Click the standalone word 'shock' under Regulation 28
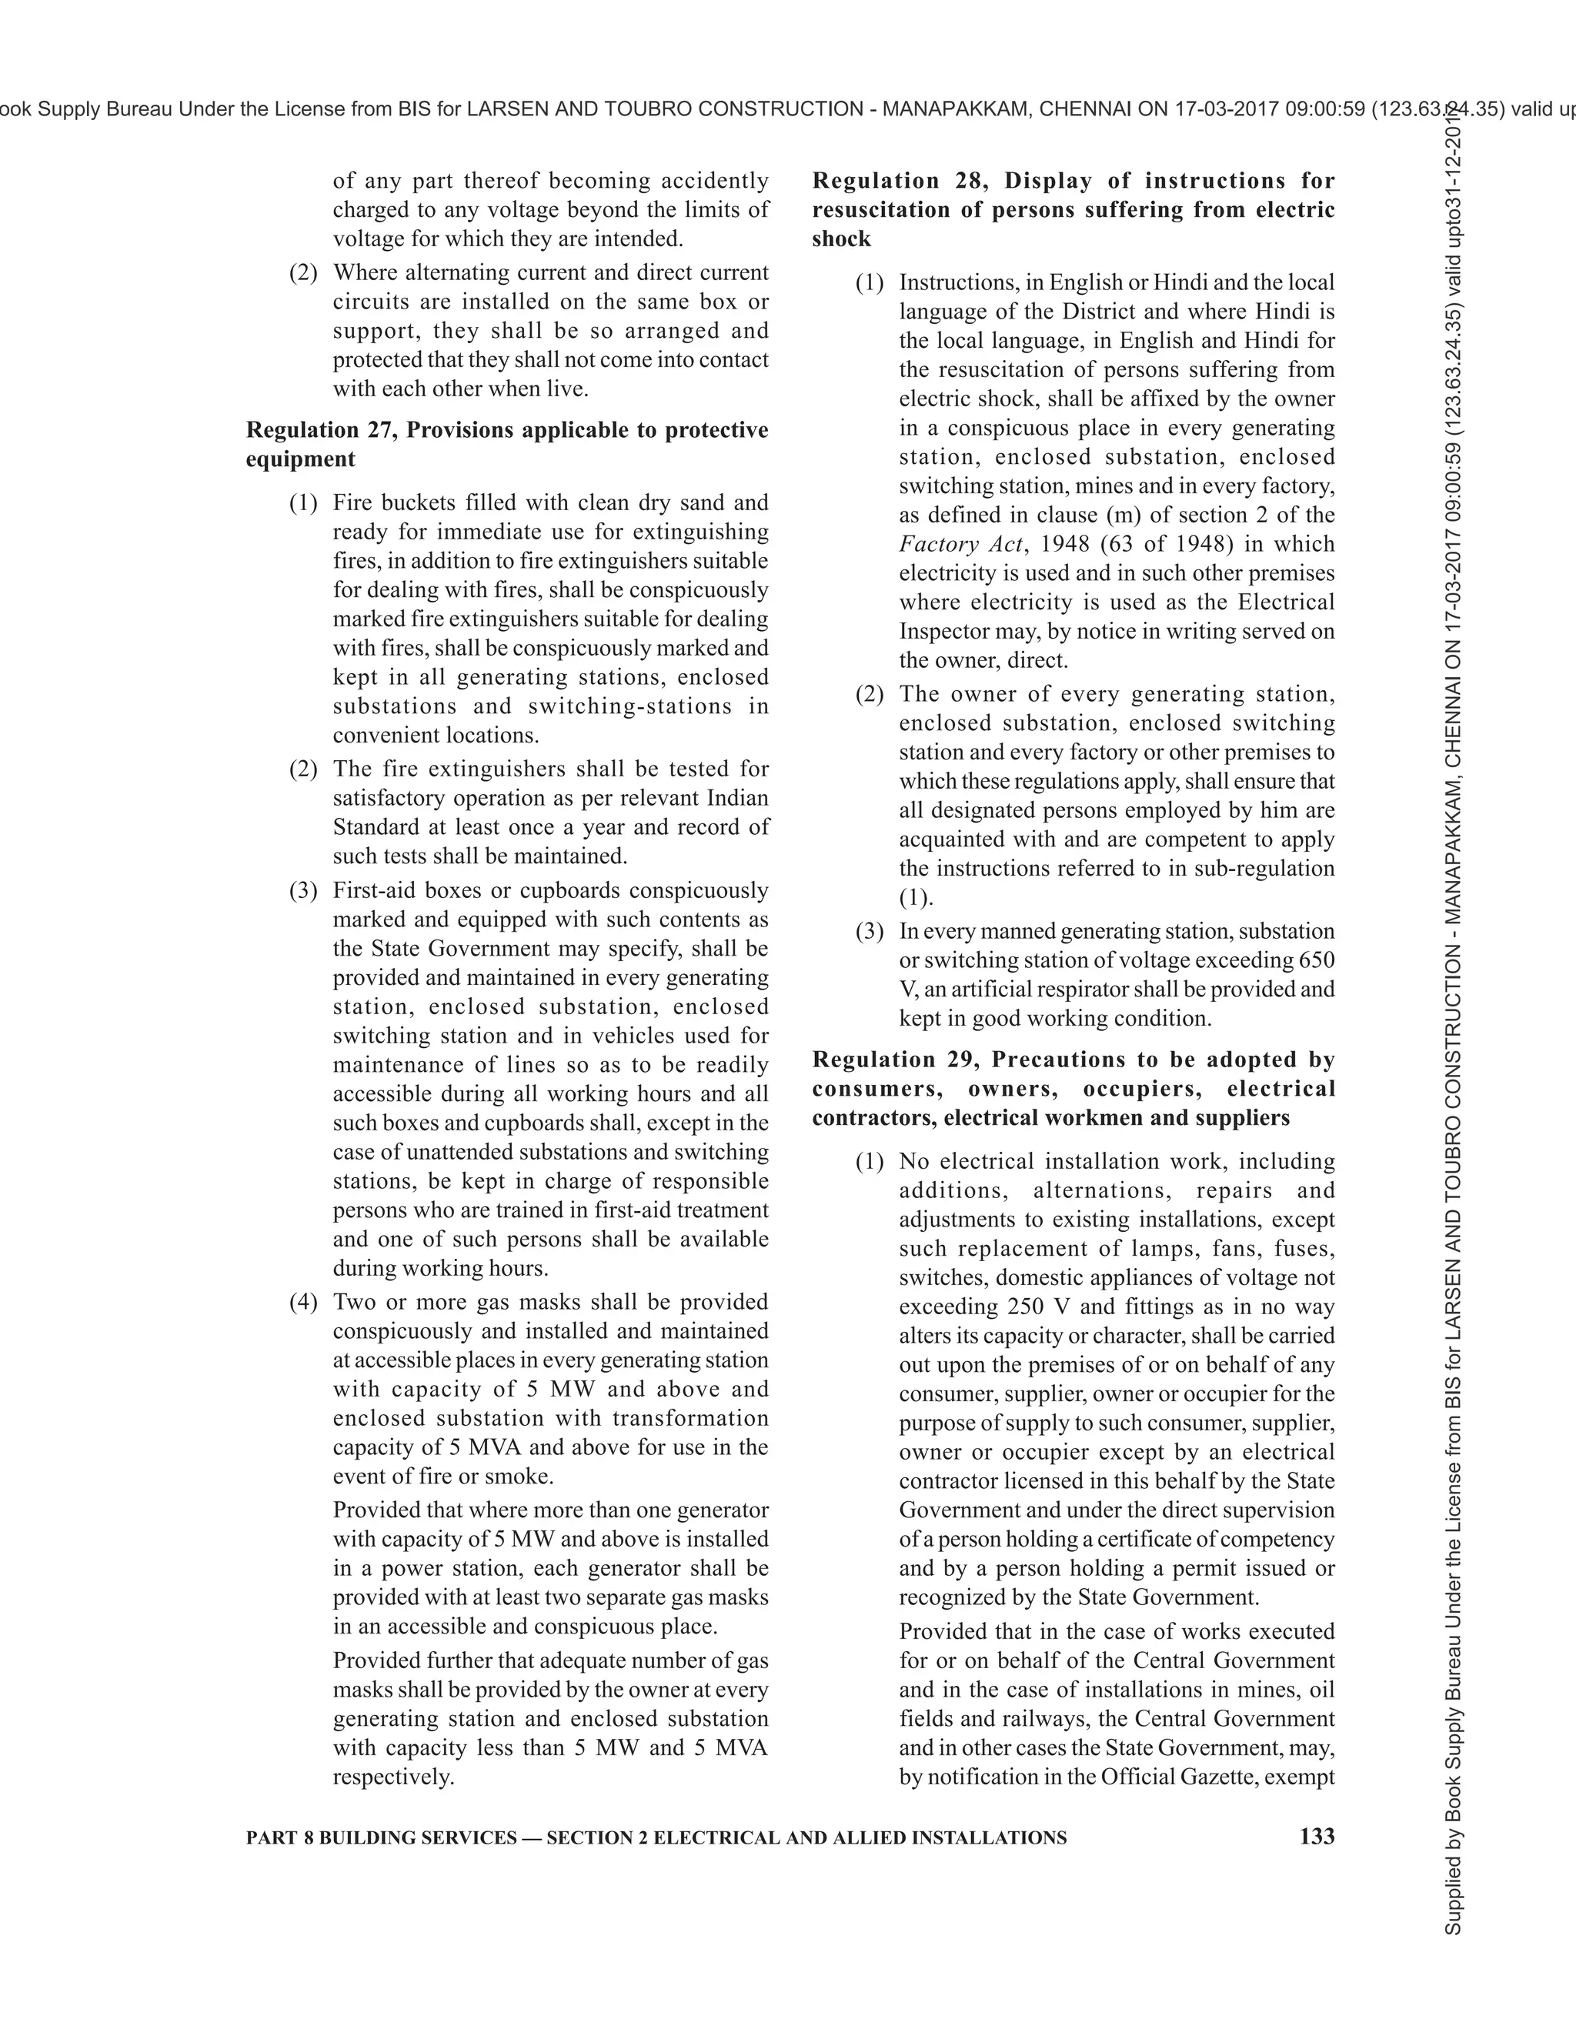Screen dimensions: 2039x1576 coord(841,239)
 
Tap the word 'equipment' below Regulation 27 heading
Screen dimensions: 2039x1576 coord(301,459)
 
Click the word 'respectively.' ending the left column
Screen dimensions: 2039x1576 coord(394,1777)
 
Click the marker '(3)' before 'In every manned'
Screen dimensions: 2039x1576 coord(870,932)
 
